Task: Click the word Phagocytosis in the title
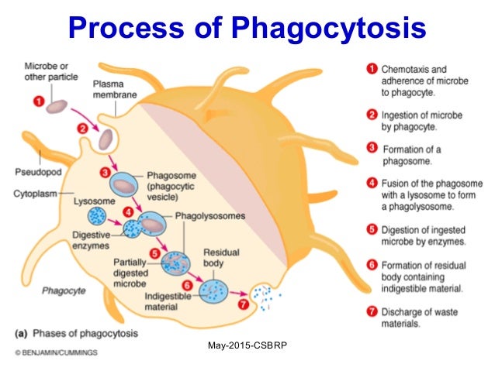coord(323,29)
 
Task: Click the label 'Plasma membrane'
coord(115,89)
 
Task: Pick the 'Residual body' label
coord(219,257)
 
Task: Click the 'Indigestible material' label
coord(168,301)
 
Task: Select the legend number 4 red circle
coord(372,184)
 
